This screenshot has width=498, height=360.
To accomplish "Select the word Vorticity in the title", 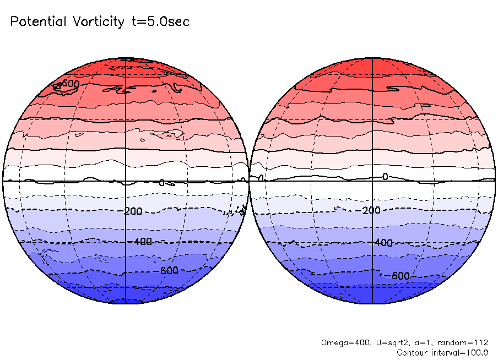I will click(98, 22).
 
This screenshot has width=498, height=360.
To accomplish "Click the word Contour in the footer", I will click(413, 352).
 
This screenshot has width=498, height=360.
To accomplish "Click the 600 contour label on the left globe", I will click(71, 83).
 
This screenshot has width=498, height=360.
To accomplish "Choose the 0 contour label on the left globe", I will click(161, 183).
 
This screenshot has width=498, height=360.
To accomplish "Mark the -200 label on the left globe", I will click(133, 211).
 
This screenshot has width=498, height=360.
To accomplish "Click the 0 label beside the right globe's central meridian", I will click(385, 176).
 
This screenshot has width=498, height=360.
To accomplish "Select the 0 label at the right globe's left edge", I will click(261, 178).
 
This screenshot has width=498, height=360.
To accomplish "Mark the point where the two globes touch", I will click(250, 181).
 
